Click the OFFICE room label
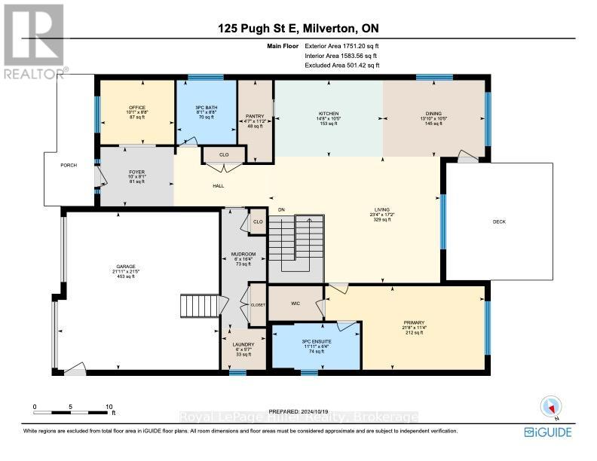click(136, 108)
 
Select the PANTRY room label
click(253, 117)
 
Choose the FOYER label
click(136, 172)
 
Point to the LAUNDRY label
click(243, 344)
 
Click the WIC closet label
click(295, 305)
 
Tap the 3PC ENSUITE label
click(316, 341)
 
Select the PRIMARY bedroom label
click(414, 322)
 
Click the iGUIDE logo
click(548, 432)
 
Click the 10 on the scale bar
click(109, 406)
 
